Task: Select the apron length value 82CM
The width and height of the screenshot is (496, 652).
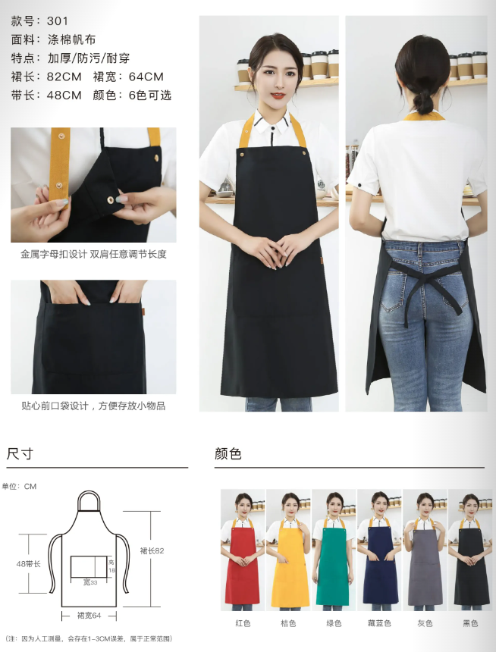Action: tap(63, 76)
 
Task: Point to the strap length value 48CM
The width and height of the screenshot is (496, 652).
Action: tap(64, 95)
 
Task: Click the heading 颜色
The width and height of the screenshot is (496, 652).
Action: tap(228, 454)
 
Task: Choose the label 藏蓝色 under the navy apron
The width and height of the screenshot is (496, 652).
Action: tap(379, 623)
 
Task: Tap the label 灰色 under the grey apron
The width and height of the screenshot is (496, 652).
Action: tap(425, 623)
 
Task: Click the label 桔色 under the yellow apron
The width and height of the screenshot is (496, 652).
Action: tap(288, 623)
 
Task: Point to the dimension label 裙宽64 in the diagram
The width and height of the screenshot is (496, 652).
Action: tap(89, 615)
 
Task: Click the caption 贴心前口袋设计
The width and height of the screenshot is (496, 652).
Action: tap(57, 406)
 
